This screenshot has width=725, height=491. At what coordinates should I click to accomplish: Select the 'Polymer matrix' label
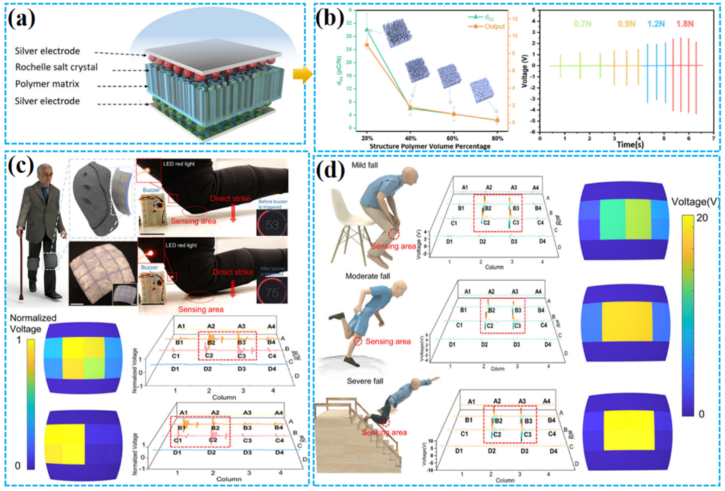53,84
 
